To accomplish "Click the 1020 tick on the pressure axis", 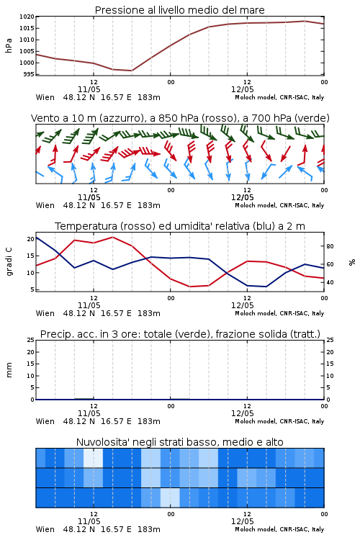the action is click(x=27, y=17).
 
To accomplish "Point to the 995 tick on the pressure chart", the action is click(x=29, y=74).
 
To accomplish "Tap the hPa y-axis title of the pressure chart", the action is click(x=9, y=45).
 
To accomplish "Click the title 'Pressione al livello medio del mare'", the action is click(x=180, y=10).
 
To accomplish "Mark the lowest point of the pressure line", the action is click(x=132, y=71).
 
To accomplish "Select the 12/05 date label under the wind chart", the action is click(x=242, y=197).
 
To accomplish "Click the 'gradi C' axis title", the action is click(x=9, y=262).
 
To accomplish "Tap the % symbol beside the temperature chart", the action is click(x=352, y=262).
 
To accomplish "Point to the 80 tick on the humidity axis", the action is click(x=330, y=246).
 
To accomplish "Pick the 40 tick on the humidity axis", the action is click(x=330, y=282).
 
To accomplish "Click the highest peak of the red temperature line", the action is click(x=112, y=238).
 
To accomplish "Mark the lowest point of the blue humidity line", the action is click(x=266, y=287).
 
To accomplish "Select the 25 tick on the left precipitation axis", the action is click(x=31, y=340).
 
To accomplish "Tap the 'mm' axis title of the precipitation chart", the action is click(x=9, y=370).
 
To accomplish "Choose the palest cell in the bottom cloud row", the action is click(x=170, y=498).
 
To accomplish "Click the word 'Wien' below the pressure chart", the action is click(x=45, y=97).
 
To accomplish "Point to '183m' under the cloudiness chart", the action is click(x=149, y=529).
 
